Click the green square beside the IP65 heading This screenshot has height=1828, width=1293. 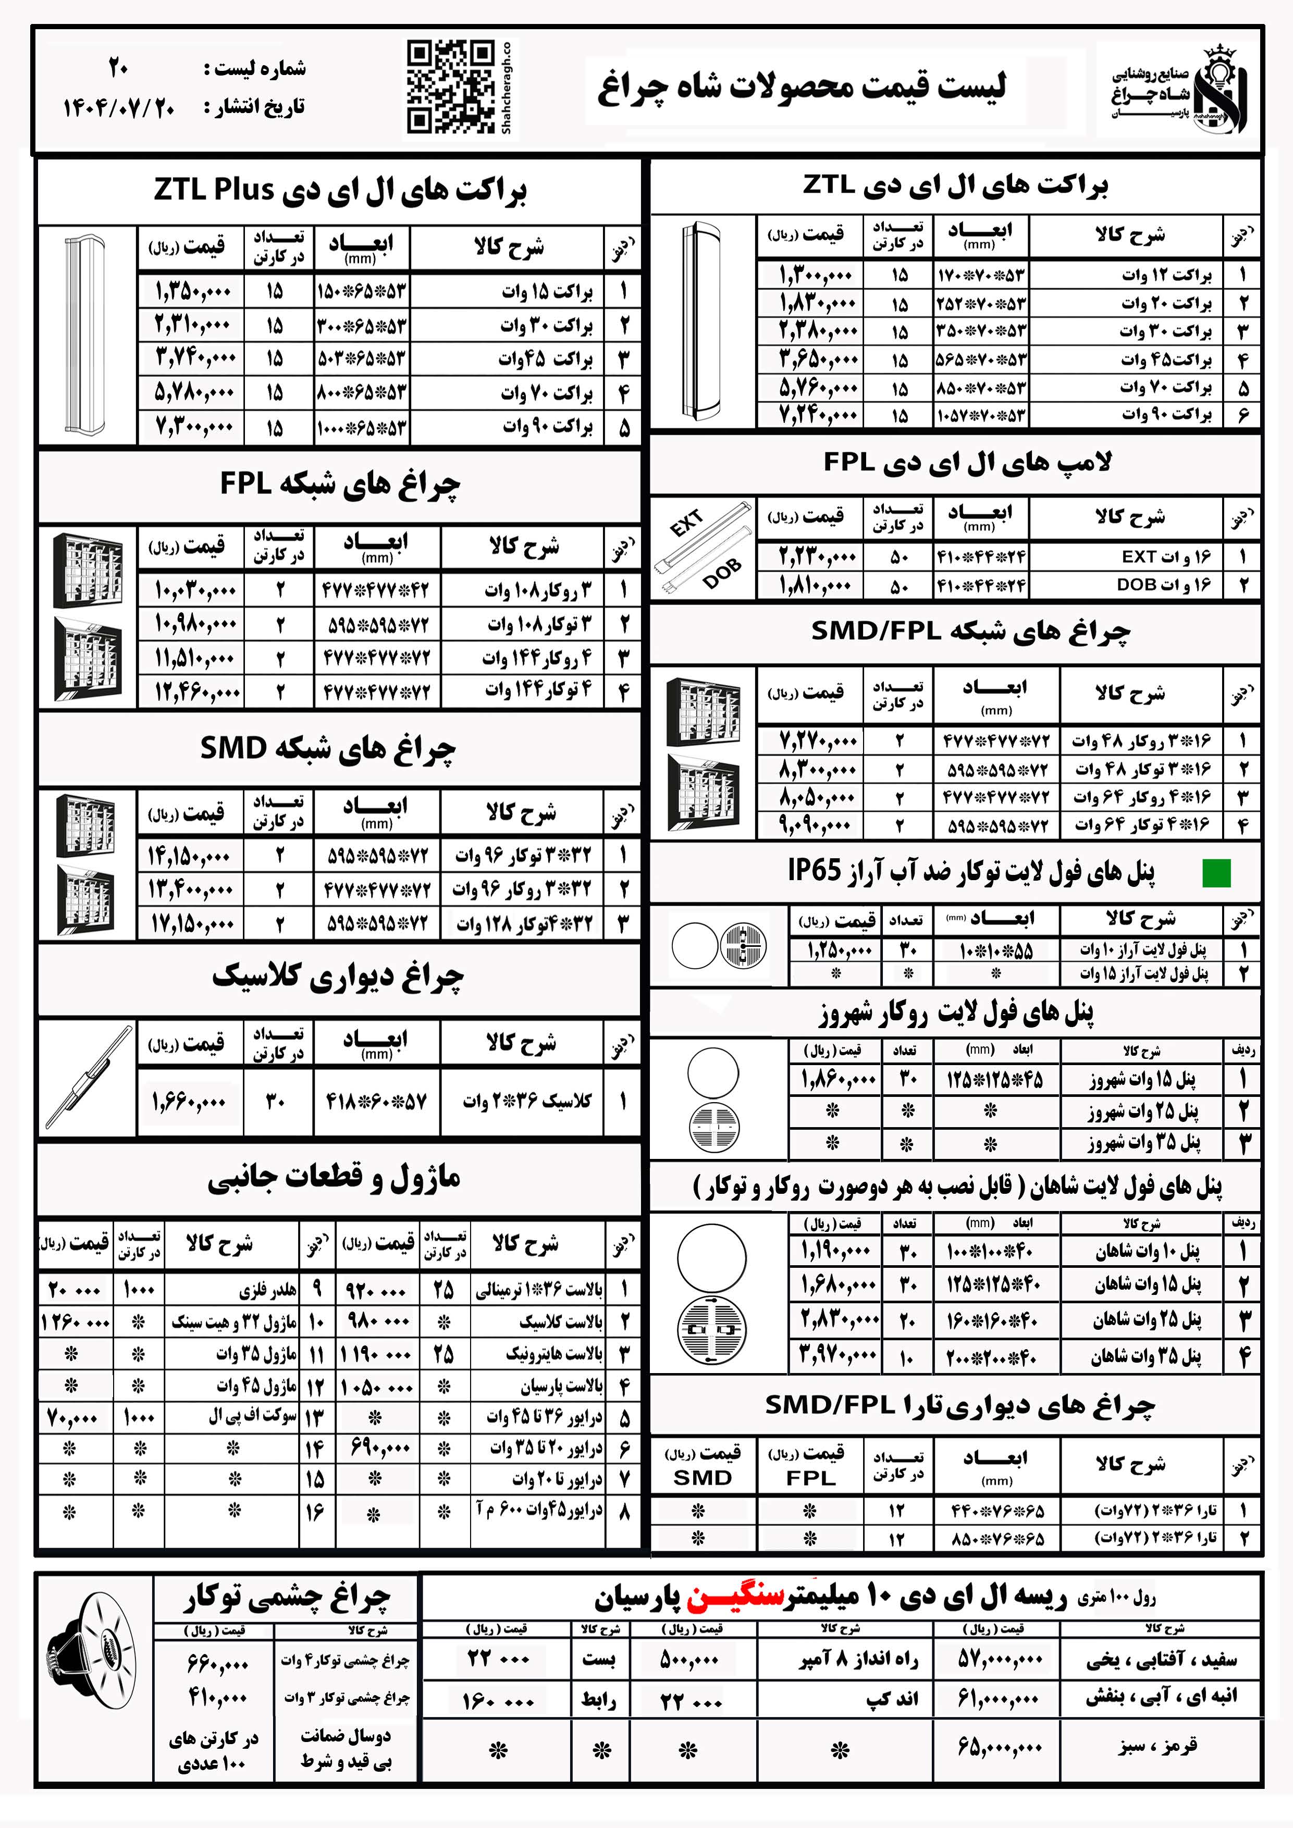(x=1216, y=873)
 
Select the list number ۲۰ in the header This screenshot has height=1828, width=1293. (x=119, y=68)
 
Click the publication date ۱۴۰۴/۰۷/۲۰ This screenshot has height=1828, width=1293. (x=119, y=107)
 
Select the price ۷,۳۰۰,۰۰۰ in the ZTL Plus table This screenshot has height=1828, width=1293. (x=194, y=427)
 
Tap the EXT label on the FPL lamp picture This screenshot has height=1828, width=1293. (x=686, y=524)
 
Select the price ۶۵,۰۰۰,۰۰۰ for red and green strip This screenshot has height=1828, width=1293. (x=999, y=1748)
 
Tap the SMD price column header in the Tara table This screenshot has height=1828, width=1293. (x=702, y=1465)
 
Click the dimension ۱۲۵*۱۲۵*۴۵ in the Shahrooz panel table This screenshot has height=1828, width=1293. (x=994, y=1080)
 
